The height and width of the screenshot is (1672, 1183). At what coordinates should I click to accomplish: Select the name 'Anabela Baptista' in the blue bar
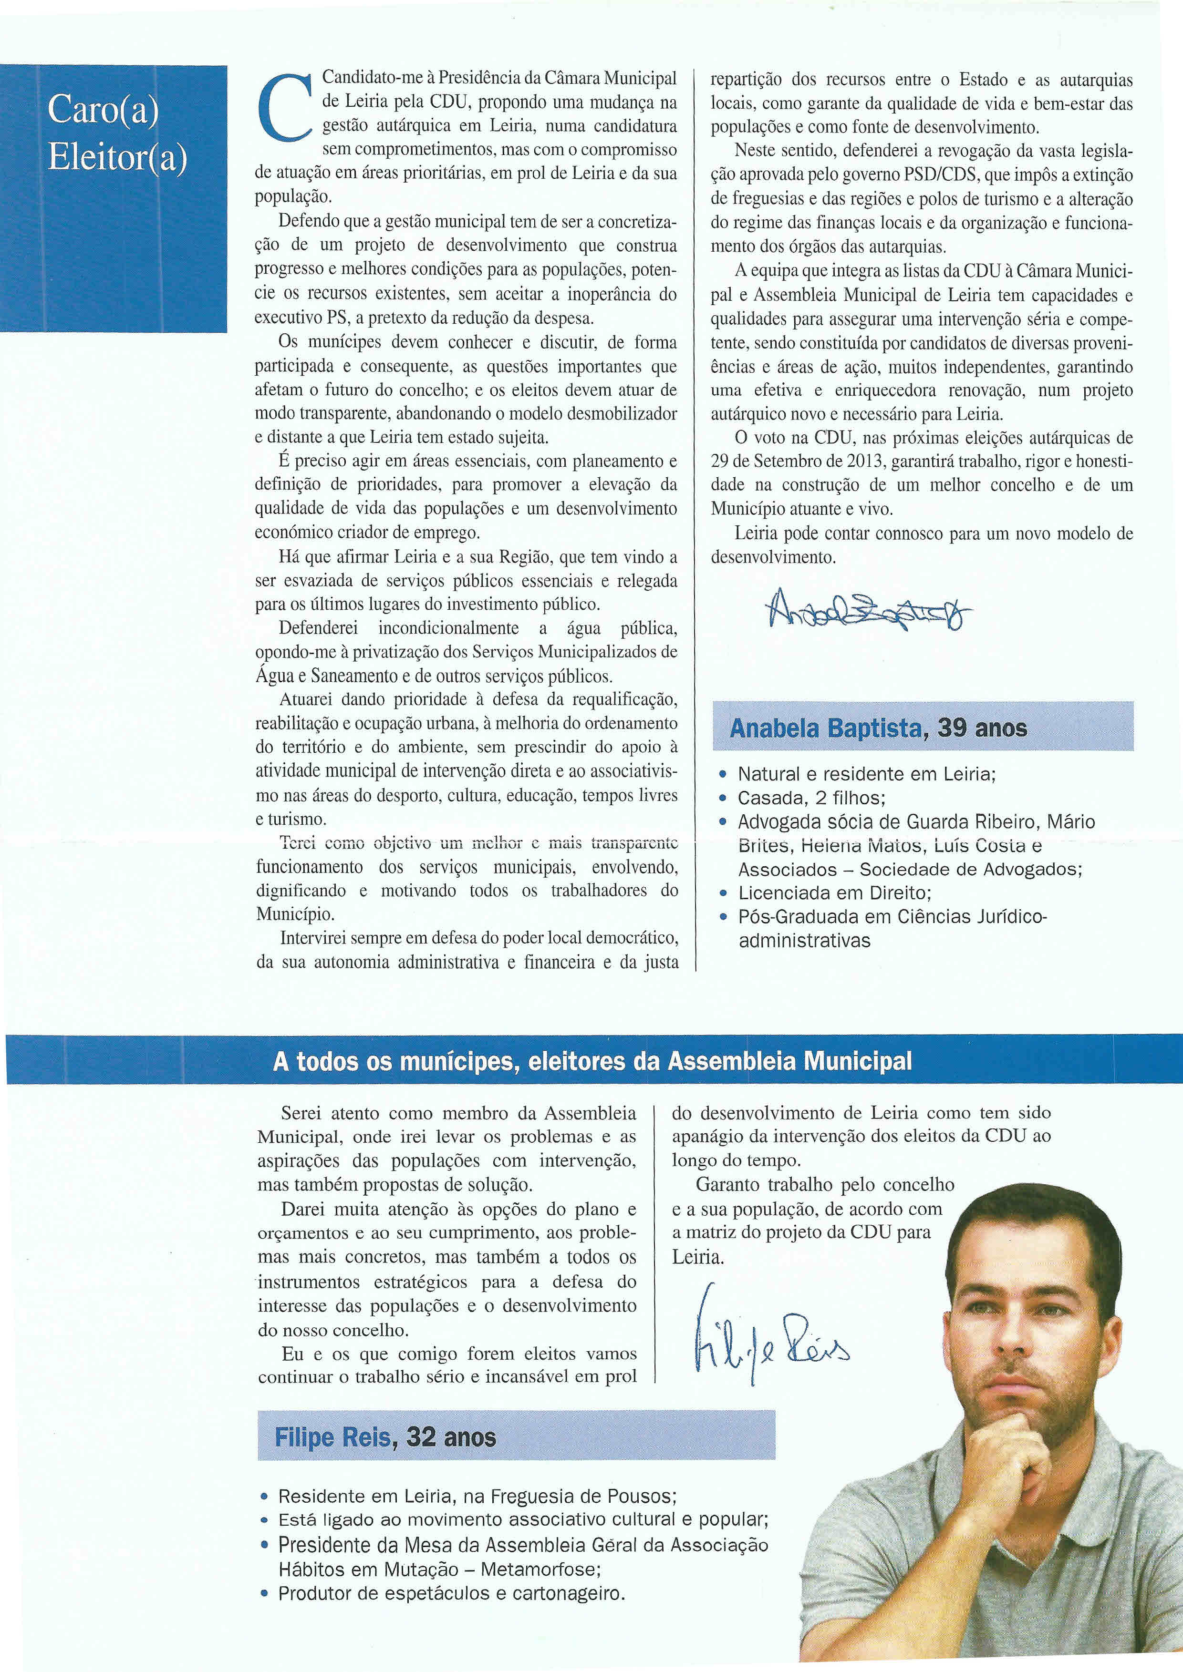(825, 728)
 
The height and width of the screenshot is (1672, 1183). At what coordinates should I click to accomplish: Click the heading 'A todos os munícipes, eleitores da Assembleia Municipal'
(591, 1062)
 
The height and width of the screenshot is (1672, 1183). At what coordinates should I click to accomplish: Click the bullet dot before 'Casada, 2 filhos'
(723, 798)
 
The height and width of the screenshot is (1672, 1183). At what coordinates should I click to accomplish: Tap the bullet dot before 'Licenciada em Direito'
(723, 893)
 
